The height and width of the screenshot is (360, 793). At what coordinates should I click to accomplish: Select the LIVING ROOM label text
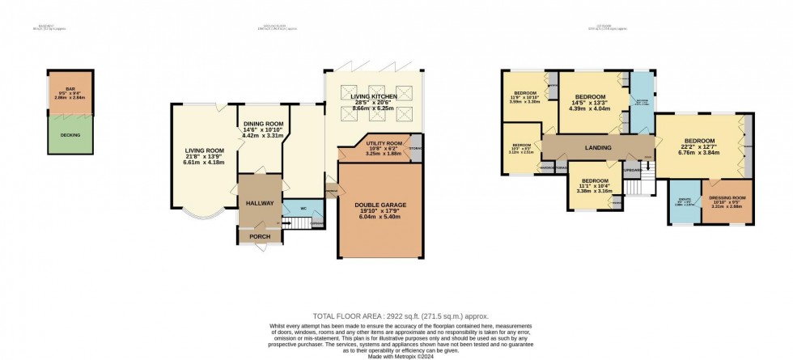(204, 150)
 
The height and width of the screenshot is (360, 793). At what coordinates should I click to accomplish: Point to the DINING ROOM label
(262, 125)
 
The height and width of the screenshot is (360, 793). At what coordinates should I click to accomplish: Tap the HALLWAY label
(260, 203)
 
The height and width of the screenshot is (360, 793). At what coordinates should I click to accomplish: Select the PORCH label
(260, 236)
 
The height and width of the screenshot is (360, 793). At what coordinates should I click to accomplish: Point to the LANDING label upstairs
(594, 146)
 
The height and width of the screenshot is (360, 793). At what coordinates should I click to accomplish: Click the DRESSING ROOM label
(726, 198)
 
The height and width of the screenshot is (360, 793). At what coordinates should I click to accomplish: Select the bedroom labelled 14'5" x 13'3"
(594, 94)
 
